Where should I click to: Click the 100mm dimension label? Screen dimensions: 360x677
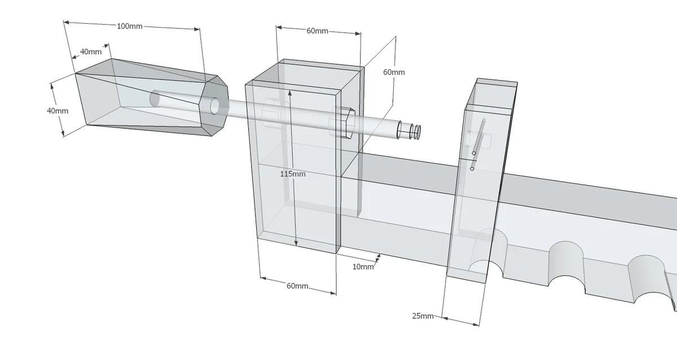130,27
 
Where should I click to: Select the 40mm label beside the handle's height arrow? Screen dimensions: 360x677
58,111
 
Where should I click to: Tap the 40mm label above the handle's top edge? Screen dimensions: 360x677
91,51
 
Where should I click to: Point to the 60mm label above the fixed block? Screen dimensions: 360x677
318,30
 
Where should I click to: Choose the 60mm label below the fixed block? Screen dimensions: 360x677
297,286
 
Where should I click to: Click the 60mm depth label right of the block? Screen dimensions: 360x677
394,72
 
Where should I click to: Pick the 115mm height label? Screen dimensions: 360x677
293,174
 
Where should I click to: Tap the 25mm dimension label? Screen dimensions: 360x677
423,316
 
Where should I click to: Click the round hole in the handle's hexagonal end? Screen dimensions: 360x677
215,107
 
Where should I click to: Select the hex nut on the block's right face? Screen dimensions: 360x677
345,121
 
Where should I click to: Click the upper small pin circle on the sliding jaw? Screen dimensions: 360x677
474,153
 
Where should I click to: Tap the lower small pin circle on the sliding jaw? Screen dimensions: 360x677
472,168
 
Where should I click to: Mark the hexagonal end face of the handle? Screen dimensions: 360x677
214,107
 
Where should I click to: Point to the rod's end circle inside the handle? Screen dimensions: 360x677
155,99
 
